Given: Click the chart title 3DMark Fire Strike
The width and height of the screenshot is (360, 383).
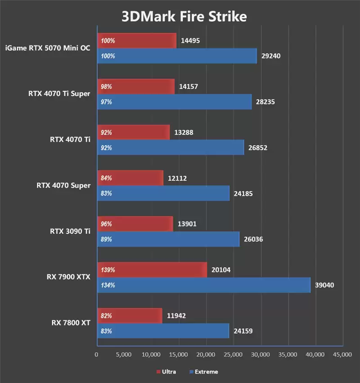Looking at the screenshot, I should tap(184, 17).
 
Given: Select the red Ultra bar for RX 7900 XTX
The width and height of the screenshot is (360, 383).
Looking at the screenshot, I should tap(152, 270).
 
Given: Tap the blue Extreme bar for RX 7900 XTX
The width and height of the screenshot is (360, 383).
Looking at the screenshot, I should tap(203, 285).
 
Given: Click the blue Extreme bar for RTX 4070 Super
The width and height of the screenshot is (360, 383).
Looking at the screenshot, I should tap(163, 193).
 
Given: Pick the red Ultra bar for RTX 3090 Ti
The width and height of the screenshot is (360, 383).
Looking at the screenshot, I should tap(135, 224).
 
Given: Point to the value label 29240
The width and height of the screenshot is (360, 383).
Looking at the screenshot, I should tap(271, 56).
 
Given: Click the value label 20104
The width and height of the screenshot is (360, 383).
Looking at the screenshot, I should tap(221, 270).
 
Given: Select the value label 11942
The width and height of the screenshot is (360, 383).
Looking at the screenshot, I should tap(176, 316).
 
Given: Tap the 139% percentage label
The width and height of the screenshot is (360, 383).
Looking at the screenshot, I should tap(108, 270).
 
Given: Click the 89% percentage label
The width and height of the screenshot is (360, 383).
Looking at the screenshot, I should tap(106, 240).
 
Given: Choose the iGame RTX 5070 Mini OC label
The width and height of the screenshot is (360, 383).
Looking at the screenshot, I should tap(47, 48).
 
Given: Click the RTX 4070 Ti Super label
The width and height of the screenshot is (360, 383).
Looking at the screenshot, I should tap(59, 94).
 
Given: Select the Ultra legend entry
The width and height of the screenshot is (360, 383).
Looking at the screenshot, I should tap(166, 372).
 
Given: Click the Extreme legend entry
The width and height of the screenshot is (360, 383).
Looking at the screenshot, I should tap(204, 372).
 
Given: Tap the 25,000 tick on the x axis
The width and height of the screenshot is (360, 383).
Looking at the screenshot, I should tap(233, 355).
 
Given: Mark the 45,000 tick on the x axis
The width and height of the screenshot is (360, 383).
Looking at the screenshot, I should tap(342, 355).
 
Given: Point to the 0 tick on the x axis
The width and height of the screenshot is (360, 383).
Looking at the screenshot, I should tap(97, 355).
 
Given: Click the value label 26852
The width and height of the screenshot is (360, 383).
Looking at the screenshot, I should tap(258, 147).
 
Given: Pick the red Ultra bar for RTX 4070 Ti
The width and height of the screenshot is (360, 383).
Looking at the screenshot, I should tap(133, 132).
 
